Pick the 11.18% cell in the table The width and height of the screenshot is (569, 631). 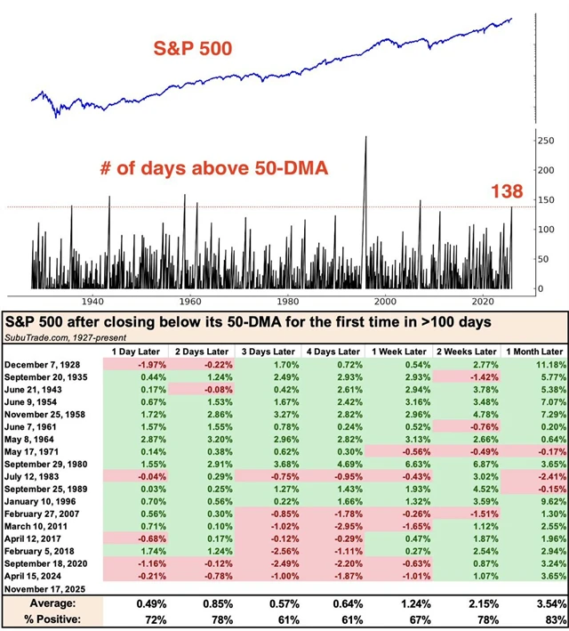coord(550,366)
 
